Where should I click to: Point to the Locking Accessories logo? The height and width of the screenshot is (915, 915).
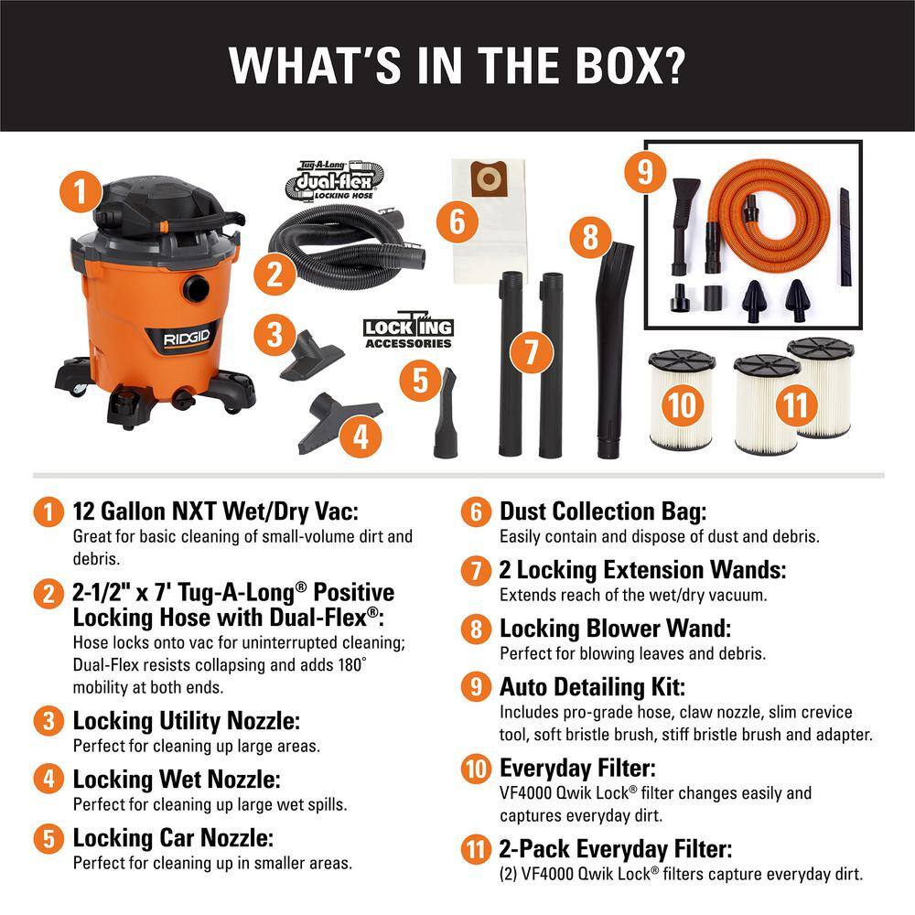coord(408,332)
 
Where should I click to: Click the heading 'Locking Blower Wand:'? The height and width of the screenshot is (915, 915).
coord(628,630)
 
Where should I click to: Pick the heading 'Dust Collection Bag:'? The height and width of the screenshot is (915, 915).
coord(603,512)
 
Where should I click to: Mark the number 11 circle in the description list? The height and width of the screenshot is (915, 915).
coord(475,851)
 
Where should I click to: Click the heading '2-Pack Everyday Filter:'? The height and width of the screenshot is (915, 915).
coord(615,850)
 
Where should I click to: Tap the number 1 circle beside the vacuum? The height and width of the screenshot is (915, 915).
coord(81,193)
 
